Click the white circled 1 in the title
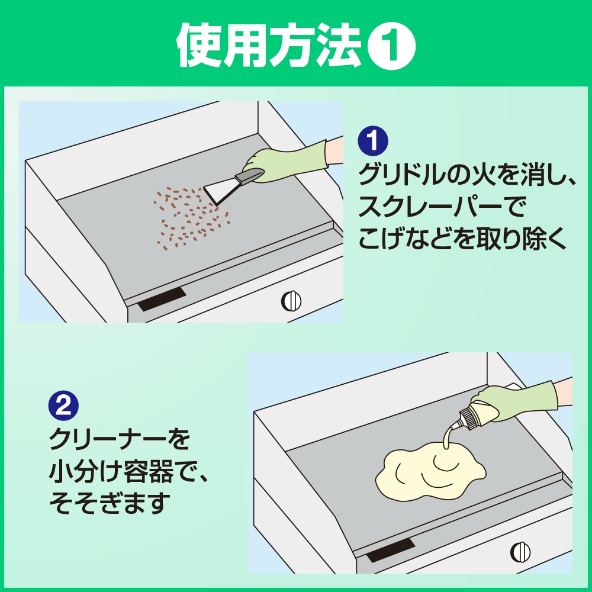[391, 46]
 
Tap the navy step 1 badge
[373, 140]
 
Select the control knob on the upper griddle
[291, 301]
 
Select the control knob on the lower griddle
[520, 552]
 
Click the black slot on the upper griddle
[162, 299]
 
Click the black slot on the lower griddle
[391, 550]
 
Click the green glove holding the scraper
[287, 162]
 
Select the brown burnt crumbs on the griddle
[191, 218]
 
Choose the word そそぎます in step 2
[107, 503]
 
